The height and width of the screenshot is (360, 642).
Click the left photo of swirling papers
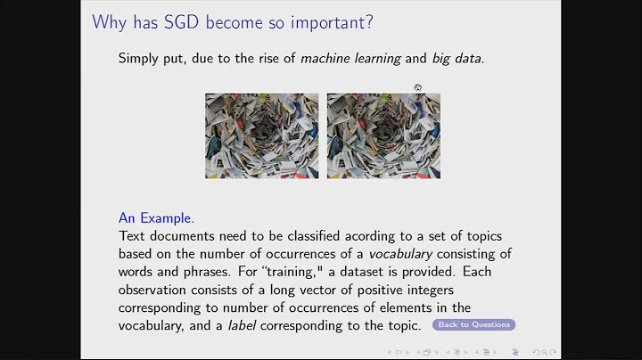pyautogui.click(x=261, y=135)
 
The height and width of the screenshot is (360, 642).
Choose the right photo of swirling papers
pyautogui.click(x=383, y=135)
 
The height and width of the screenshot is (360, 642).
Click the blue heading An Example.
pyautogui.click(x=156, y=217)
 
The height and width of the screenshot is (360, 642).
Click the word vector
pyautogui.click(x=319, y=289)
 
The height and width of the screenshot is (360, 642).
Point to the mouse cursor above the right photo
pyautogui.click(x=417, y=87)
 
